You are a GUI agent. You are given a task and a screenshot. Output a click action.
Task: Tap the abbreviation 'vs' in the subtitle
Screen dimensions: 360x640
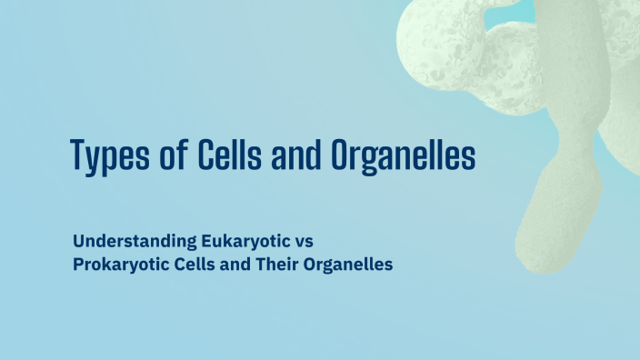[x=305, y=243]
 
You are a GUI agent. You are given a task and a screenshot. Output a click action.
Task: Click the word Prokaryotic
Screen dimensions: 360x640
[x=121, y=265]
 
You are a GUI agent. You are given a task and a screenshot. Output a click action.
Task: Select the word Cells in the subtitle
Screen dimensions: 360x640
[x=196, y=265]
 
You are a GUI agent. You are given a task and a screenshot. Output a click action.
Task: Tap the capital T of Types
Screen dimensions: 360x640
[x=79, y=154]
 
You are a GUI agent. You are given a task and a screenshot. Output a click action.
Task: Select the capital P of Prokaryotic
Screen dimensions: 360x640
[x=77, y=265]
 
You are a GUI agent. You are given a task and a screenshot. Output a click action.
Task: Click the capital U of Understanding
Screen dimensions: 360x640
[x=78, y=242]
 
